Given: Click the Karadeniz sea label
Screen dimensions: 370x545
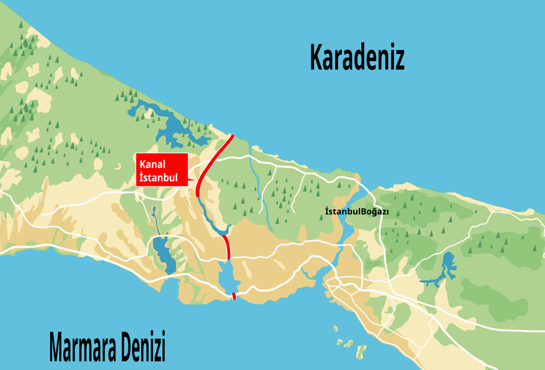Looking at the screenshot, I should [357, 57].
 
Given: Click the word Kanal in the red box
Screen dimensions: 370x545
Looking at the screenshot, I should [152, 164].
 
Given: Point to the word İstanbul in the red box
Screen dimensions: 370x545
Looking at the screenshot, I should [159, 177].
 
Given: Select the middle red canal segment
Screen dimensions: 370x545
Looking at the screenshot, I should [227, 247].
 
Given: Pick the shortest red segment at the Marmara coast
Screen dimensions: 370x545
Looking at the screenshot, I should [234, 296].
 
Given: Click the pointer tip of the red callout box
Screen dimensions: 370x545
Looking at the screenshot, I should [195, 180].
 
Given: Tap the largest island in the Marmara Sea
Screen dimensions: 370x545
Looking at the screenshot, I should [360, 351].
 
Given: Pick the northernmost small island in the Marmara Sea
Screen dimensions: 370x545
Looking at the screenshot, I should [335, 329].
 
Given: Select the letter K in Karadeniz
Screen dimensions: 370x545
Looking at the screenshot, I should [317, 57].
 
